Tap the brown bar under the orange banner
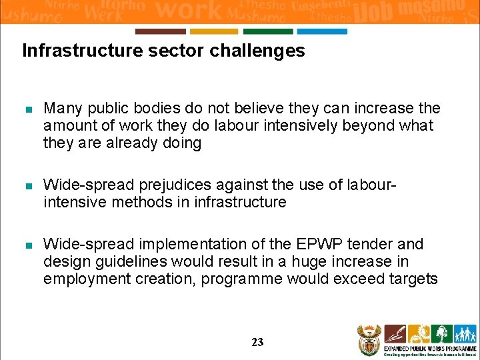click(x=160, y=31)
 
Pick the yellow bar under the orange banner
click(x=213, y=31)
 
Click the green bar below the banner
click(x=267, y=31)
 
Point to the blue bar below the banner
click(x=322, y=31)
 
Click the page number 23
click(x=257, y=342)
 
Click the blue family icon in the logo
click(x=464, y=334)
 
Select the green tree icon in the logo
click(x=441, y=334)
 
